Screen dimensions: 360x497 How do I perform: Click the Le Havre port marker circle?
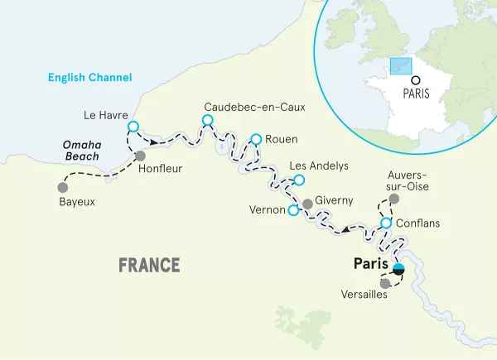tap(133, 127)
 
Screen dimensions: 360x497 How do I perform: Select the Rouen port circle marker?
tap(256, 139)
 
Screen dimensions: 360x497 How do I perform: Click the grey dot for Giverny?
tap(307, 203)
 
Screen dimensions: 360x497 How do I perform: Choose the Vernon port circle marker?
tap(292, 211)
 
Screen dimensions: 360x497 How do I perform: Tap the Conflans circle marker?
tap(386, 223)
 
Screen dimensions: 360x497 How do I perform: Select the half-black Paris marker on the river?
tap(398, 267)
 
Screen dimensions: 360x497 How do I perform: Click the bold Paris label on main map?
tap(369, 265)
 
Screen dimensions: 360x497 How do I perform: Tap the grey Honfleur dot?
tap(140, 156)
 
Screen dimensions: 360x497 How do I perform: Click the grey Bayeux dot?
tap(61, 186)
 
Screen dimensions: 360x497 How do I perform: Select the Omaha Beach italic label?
tap(83, 150)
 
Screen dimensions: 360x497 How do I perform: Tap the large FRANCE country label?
tap(149, 265)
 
